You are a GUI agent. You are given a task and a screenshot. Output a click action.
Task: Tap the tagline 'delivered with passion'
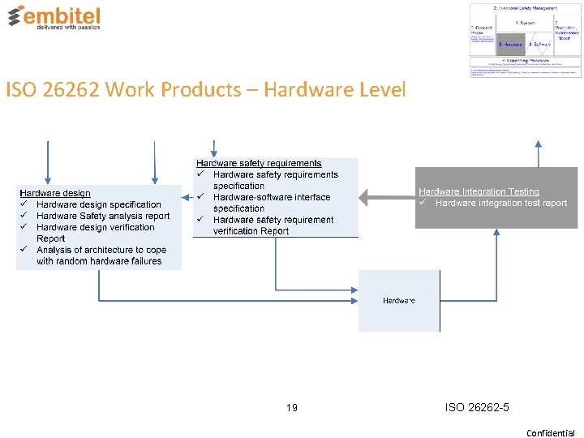68,27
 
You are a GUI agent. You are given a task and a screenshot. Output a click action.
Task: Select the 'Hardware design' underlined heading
55,193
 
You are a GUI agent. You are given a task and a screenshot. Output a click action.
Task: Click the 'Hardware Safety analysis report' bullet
103,216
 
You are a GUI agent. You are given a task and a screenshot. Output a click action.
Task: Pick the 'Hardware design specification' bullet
99,204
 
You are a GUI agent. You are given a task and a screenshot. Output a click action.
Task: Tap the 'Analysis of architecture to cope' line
101,250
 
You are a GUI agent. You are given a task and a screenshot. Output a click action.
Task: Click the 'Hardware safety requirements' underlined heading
259,163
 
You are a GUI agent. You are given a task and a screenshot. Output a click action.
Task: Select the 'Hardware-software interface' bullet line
272,197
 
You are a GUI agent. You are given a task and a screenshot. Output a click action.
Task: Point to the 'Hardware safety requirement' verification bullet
273,220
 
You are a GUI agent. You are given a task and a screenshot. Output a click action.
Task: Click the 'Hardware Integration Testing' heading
479,191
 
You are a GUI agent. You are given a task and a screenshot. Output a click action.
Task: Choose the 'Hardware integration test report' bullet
500,203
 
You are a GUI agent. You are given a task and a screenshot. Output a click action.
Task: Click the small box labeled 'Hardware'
399,301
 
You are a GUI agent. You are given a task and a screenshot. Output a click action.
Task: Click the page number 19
292,407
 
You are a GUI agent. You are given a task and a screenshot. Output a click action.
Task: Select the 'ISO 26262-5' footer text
477,407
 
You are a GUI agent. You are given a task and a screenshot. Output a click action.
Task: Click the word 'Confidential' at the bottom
550,432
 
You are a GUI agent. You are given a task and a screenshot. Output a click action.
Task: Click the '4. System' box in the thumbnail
525,23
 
